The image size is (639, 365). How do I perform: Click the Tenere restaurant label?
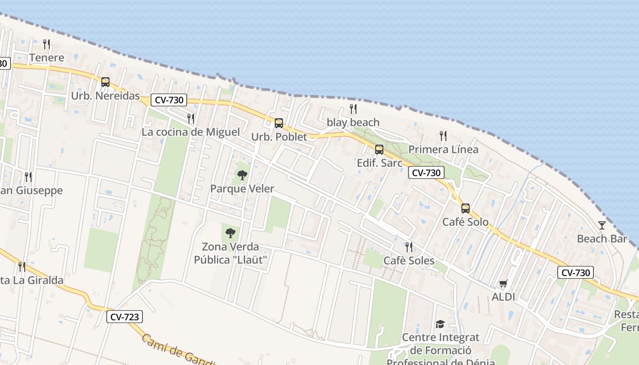coord(47,58)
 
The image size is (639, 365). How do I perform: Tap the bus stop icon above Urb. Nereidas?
coord(105,82)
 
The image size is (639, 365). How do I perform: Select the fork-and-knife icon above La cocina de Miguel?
coord(191,119)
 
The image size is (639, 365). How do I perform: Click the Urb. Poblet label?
coord(279,137)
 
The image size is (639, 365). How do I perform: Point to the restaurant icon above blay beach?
coord(353,109)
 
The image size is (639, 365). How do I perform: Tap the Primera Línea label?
coord(443,150)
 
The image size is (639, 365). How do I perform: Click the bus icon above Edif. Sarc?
coord(379,150)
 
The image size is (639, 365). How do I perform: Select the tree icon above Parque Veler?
coord(242,175)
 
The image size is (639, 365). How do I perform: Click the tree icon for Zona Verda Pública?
coord(230,233)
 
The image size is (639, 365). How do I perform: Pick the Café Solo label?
coord(465,222)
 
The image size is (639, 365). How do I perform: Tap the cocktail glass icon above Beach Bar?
coord(602,225)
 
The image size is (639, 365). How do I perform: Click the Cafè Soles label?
coord(409,261)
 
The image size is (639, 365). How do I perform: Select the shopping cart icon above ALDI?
coord(503,284)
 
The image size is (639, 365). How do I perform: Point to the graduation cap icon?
coord(440,324)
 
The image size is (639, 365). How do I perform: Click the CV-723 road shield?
coord(125,317)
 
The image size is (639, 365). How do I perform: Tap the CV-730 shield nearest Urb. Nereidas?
coord(169,100)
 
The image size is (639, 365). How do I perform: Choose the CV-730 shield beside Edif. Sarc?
coord(426,172)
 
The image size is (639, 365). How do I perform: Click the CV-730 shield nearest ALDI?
coord(576,273)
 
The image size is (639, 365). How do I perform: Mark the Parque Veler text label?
coord(242,189)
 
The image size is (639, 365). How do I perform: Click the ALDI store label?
coord(503,297)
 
